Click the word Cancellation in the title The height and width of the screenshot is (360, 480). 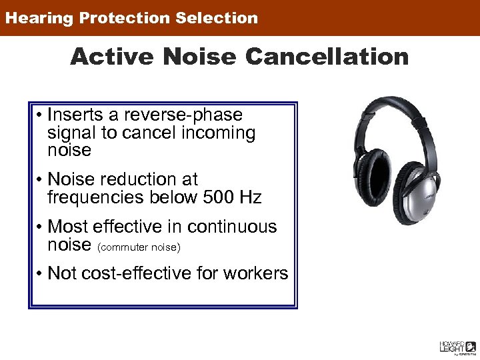[x=327, y=57]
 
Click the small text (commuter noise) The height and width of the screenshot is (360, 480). [x=139, y=247]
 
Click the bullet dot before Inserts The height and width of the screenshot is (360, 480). [x=41, y=116]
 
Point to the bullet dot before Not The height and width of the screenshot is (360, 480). [x=41, y=274]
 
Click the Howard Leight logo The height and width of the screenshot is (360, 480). [x=457, y=346]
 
